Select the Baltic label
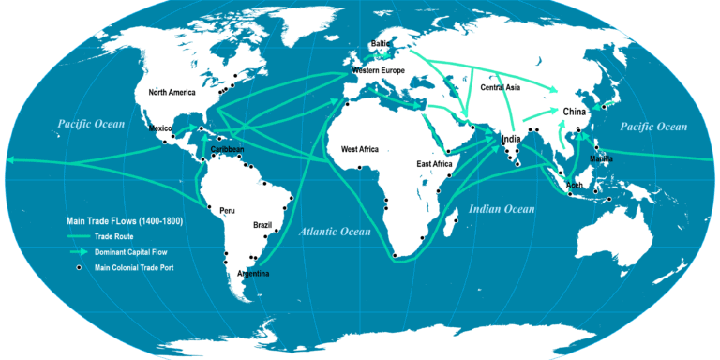click(380, 43)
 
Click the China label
click(575, 112)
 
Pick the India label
click(511, 140)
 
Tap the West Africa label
click(360, 149)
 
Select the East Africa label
click(435, 164)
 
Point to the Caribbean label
click(227, 149)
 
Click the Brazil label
click(262, 226)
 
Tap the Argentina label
click(253, 273)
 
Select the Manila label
click(601, 158)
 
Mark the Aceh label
click(575, 185)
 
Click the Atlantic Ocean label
click(336, 231)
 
